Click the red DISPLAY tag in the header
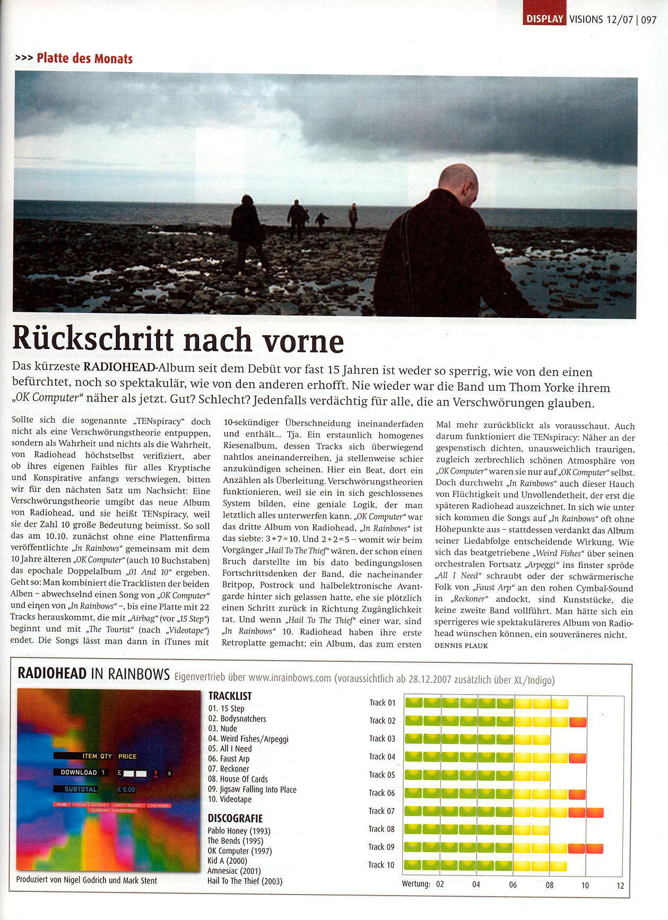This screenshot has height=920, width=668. tap(544, 19)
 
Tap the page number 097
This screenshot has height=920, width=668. tap(649, 20)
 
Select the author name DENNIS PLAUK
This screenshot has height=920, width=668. tap(461, 645)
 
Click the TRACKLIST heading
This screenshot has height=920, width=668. tap(230, 696)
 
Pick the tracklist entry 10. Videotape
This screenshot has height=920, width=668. tap(230, 799)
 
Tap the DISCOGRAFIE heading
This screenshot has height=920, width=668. tap(235, 819)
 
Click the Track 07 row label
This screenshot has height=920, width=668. tap(382, 811)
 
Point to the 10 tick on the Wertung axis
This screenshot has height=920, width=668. tap(585, 885)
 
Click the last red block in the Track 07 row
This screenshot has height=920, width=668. tap(595, 812)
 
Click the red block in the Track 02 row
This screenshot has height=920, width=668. tap(577, 722)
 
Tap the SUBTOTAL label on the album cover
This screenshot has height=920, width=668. tap(81, 789)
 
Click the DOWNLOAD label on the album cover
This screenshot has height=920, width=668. tap(79, 772)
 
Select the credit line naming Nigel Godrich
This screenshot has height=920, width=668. tap(86, 880)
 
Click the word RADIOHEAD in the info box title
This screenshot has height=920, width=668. tap(52, 673)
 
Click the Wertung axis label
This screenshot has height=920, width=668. tap(416, 884)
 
